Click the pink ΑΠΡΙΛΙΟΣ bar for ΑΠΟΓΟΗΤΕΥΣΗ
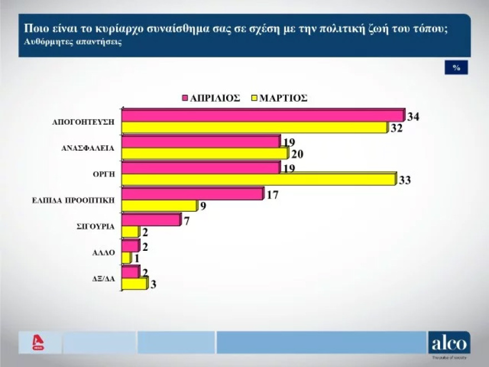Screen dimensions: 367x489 coord(262,115)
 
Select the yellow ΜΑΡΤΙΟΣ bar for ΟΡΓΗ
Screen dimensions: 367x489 coord(258,180)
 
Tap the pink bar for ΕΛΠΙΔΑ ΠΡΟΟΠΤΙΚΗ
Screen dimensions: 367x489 coord(192,194)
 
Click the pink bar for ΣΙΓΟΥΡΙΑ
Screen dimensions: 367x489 coord(151,220)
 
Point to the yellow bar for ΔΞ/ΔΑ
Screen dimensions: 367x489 coord(134,284)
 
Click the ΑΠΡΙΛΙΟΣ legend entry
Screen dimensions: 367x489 coord(211,97)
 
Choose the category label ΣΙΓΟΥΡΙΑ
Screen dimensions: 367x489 coord(96,226)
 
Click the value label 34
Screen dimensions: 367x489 coord(413,117)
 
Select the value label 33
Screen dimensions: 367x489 coord(405,181)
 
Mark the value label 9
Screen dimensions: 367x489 coord(203,206)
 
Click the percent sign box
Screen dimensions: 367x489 coord(456,67)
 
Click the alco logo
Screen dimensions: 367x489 coord(449,343)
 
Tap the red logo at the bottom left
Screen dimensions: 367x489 coord(38,343)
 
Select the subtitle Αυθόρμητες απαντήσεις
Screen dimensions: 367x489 coord(72,42)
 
